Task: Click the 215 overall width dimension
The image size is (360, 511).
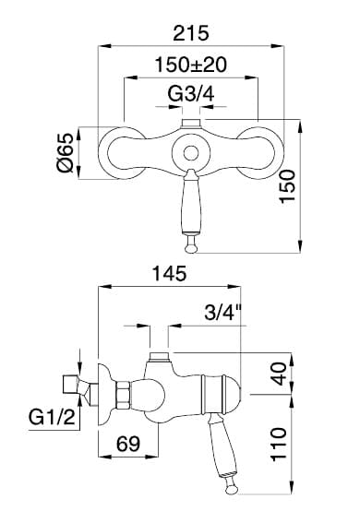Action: pos(190,33)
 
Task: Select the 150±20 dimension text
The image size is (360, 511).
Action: pos(191,65)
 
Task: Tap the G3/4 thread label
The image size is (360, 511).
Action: pos(191,94)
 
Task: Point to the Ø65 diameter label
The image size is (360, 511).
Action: pos(66,152)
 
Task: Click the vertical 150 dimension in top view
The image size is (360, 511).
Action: pos(288,186)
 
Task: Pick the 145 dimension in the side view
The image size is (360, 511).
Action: pos(170,273)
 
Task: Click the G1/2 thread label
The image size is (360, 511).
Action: pos(52,417)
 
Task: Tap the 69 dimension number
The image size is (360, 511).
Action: pos(128,444)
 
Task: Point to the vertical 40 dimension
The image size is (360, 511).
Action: pos(279,374)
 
